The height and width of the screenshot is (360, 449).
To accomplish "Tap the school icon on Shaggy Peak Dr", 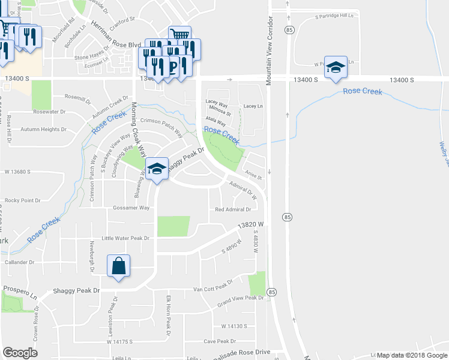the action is (x=157, y=169).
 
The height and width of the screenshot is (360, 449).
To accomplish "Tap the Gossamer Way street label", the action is (x=131, y=208).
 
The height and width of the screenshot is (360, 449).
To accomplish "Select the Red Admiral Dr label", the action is (x=233, y=209).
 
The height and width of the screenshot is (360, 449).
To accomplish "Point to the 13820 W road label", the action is (x=251, y=225).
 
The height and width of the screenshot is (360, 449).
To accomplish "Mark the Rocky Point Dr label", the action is (x=22, y=200).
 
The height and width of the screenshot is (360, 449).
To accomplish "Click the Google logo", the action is (x=20, y=352).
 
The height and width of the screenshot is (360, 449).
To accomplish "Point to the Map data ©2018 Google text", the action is (x=412, y=355).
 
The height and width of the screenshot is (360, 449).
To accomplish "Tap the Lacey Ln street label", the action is (x=253, y=106).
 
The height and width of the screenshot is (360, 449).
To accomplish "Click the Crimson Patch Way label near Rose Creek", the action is (x=161, y=121).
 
